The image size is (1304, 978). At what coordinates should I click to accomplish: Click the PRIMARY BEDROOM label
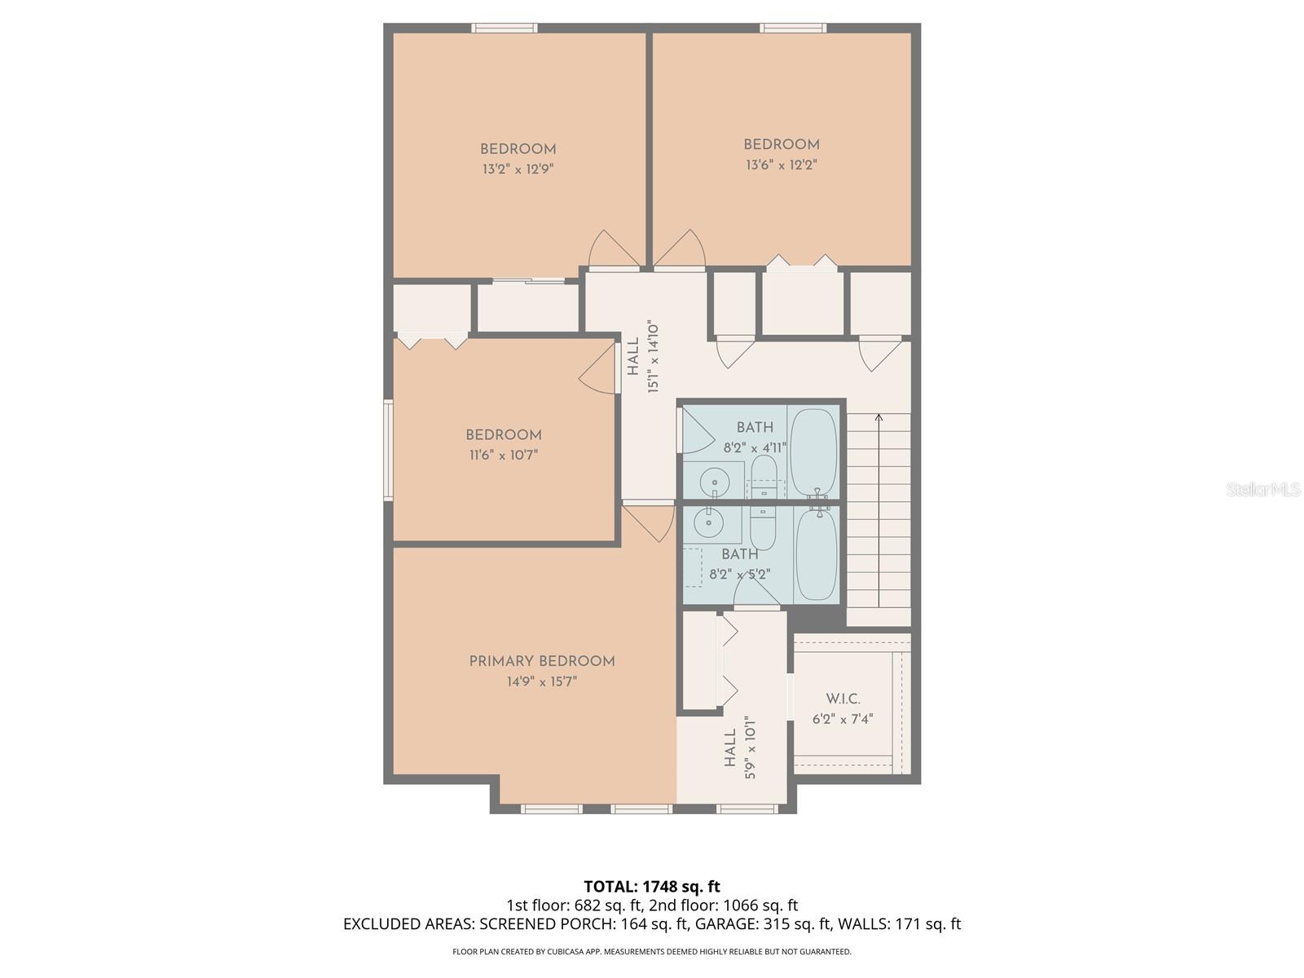pyautogui.click(x=542, y=661)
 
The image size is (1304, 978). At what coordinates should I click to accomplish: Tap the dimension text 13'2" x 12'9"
pyautogui.click(x=518, y=170)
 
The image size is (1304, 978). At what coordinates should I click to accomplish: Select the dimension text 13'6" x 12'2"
pyautogui.click(x=781, y=165)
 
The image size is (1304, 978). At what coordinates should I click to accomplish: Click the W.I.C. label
pyautogui.click(x=843, y=699)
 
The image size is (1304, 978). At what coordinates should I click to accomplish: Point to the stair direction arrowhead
pyautogui.click(x=879, y=418)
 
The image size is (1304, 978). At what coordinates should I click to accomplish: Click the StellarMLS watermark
pyautogui.click(x=1262, y=489)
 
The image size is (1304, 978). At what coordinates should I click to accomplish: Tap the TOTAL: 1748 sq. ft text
pyautogui.click(x=652, y=886)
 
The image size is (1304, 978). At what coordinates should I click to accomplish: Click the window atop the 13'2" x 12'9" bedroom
pyautogui.click(x=504, y=29)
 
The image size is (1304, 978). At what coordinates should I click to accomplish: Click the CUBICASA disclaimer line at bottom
pyautogui.click(x=652, y=951)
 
